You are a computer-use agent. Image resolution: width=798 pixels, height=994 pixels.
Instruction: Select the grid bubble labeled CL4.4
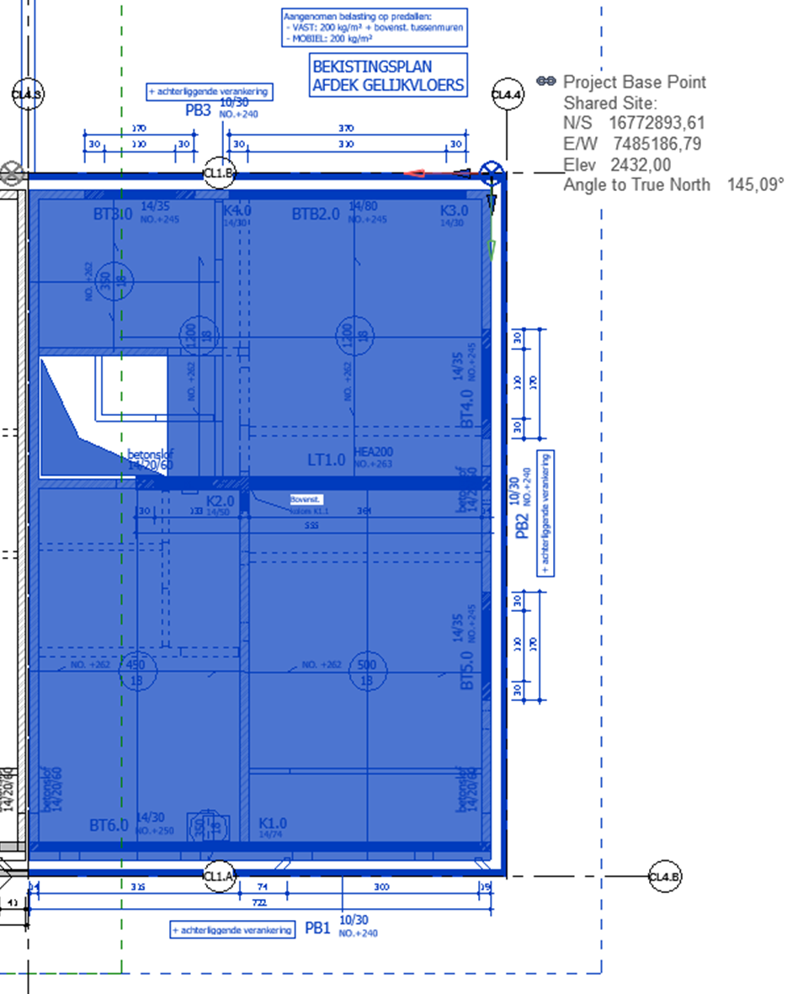coord(507,94)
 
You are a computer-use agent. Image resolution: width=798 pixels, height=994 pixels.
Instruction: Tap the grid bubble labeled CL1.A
coord(219,876)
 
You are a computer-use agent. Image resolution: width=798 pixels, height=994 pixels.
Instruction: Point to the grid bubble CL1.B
coord(220,173)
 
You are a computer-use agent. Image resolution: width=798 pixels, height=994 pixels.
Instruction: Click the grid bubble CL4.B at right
coord(664,877)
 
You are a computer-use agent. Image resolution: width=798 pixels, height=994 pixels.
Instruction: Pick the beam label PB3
coord(199,110)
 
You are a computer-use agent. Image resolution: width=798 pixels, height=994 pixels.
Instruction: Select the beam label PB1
coord(317,928)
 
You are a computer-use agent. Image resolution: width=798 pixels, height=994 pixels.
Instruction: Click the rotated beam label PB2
coord(522,522)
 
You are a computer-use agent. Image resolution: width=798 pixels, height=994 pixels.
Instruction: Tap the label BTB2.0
coord(316,214)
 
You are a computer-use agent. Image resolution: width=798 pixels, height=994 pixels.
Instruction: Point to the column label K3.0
coord(454,210)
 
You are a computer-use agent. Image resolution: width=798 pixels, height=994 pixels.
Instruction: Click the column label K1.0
coord(273,823)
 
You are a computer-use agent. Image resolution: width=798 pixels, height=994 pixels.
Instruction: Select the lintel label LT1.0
coord(326,460)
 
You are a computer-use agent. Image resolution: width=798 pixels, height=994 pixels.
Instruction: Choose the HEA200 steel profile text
coord(374,452)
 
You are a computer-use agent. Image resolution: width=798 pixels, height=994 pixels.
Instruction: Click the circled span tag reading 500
coord(367,665)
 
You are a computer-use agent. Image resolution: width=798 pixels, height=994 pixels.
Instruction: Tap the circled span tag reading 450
coord(136,665)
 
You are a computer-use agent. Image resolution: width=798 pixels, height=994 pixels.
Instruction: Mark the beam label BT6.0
coord(109,826)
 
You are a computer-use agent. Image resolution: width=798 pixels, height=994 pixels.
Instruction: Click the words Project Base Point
coord(634,82)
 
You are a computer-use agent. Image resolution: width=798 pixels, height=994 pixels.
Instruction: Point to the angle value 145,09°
coord(755,184)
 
